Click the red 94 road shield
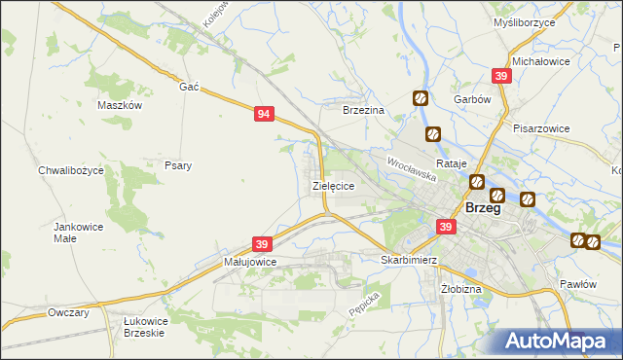tap(264, 115)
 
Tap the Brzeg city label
tap(484, 208)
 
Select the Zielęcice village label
tap(332, 184)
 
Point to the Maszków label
tap(121, 105)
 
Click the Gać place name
tap(189, 87)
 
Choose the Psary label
tap(178, 165)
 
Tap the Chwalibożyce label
tap(77, 170)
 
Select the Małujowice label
tap(250, 262)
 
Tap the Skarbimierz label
tap(409, 261)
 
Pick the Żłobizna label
tap(460, 289)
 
